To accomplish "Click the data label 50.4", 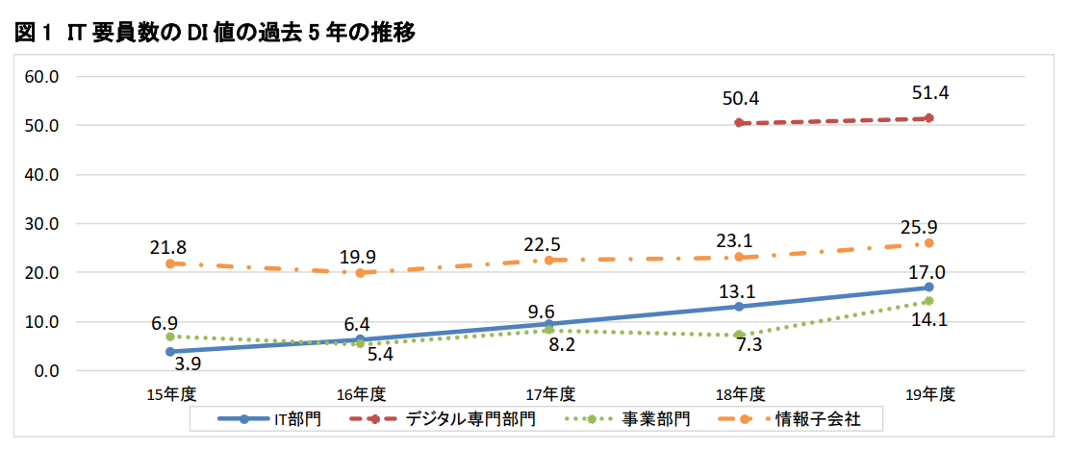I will (x=741, y=98).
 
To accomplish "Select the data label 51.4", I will (x=931, y=93).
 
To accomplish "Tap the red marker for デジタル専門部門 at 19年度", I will (x=929, y=118).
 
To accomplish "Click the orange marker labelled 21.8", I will (x=170, y=263).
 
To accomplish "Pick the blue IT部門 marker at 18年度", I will (x=739, y=307).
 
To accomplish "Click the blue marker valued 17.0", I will (x=929, y=287).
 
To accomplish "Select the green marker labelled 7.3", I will (x=739, y=335).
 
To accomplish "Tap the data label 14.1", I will (x=931, y=321).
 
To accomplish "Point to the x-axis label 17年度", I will (x=550, y=393).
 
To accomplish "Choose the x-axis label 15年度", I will (x=170, y=393).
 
